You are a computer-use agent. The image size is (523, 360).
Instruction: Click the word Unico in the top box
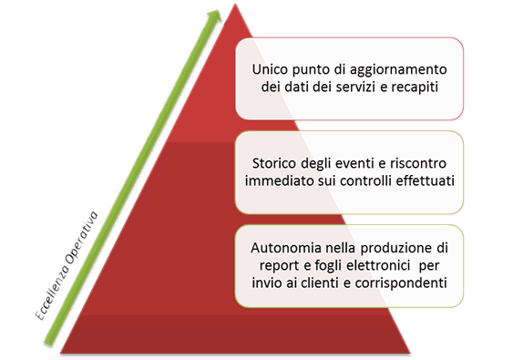(272, 69)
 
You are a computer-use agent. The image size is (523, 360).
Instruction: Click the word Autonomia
(285, 247)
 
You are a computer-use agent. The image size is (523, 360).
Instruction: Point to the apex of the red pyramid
(235, 5)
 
